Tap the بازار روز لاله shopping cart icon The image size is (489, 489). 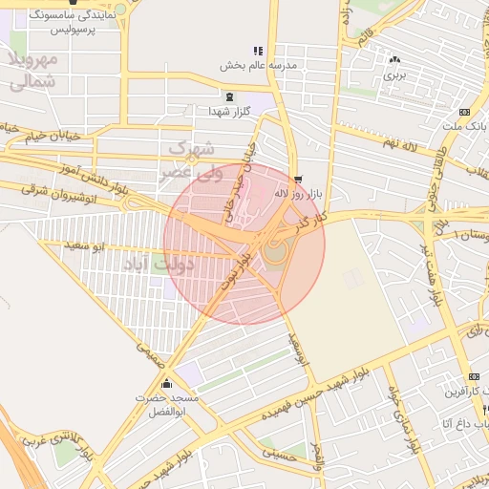(x=298, y=180)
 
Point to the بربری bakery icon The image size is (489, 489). (x=395, y=59)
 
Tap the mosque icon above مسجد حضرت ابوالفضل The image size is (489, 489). (x=168, y=384)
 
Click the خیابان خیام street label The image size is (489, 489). (x=38, y=138)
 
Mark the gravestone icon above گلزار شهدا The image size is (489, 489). (x=229, y=96)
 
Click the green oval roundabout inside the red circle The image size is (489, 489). (x=274, y=253)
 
